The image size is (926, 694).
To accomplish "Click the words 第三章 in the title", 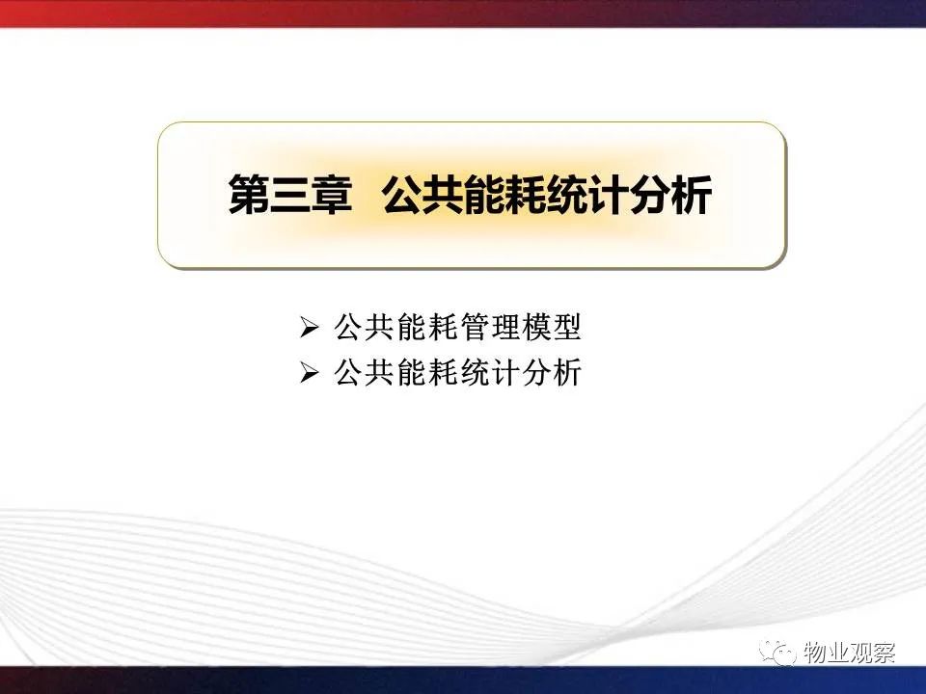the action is click(x=290, y=195).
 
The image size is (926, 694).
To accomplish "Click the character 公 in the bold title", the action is click(x=403, y=195).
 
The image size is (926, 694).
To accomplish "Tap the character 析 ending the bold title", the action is click(x=691, y=195).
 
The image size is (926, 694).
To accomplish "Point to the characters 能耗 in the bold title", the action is click(x=505, y=195).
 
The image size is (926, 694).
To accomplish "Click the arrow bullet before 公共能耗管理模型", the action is click(x=309, y=328).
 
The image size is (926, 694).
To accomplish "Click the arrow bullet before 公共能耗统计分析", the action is click(x=309, y=373).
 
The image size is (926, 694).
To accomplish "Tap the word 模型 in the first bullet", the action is click(x=551, y=327).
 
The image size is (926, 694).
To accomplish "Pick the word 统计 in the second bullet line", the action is click(x=488, y=372).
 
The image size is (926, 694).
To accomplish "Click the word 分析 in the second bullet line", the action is click(x=551, y=372).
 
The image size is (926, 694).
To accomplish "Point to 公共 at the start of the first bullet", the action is click(x=365, y=327).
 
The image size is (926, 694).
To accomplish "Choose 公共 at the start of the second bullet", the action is click(x=365, y=372).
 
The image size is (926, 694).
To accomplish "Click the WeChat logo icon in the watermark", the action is click(x=778, y=653).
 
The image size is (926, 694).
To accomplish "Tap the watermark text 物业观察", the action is click(x=849, y=653).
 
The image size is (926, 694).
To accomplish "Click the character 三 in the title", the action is click(x=290, y=195).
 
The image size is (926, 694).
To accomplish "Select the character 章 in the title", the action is click(x=331, y=195).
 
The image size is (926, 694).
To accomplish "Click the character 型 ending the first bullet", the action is click(x=566, y=327).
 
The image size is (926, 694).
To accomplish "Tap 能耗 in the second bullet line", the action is click(x=426, y=372).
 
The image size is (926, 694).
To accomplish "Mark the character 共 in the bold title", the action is click(x=444, y=195).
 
